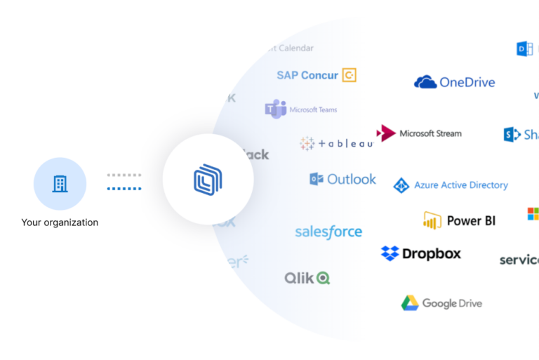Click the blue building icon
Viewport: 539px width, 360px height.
[x=60, y=184]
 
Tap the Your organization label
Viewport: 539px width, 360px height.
[x=60, y=222]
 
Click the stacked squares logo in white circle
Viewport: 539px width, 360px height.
[x=208, y=179]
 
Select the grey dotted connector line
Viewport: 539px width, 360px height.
[x=124, y=175]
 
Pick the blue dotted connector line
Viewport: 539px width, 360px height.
[x=124, y=188]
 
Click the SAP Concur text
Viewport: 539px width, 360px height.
[x=307, y=75]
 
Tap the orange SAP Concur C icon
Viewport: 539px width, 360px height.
[x=349, y=75]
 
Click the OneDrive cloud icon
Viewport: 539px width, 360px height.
[x=425, y=82]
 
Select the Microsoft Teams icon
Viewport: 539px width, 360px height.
[x=275, y=109]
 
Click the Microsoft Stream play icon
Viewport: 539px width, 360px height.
[x=386, y=133]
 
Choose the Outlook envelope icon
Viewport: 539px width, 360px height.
[x=317, y=179]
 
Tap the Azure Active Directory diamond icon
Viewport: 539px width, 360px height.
[x=401, y=185]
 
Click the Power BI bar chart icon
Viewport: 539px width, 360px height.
[x=432, y=220]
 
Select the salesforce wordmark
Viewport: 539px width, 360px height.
[x=328, y=232]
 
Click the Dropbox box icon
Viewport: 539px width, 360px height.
[x=390, y=253]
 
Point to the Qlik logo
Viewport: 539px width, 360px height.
[x=307, y=278]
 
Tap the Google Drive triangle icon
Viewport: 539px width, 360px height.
[x=410, y=303]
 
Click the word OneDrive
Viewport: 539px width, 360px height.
[x=467, y=82]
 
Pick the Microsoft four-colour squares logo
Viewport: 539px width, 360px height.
[x=533, y=213]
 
